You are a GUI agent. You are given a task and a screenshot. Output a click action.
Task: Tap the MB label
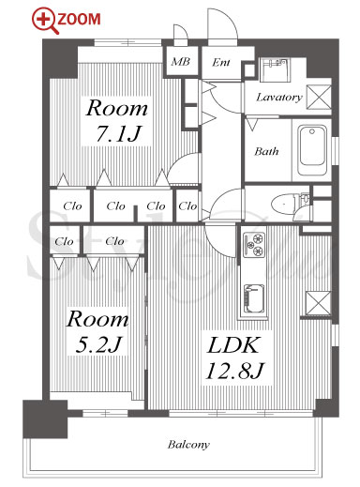[181, 61]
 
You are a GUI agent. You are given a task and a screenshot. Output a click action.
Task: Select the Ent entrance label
[221, 62]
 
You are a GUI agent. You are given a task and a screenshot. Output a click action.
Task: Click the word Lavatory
[279, 98]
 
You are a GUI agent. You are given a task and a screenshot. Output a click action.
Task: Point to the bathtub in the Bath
[312, 150]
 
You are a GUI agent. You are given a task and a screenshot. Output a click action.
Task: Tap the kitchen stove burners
[254, 245]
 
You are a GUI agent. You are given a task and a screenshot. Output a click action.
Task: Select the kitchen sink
[254, 298]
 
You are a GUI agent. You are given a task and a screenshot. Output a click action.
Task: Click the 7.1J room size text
[118, 133]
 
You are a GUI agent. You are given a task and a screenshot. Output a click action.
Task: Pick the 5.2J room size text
[98, 344]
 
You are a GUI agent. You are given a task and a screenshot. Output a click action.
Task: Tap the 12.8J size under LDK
[235, 371]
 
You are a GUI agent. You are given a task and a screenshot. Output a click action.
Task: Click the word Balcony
[188, 445]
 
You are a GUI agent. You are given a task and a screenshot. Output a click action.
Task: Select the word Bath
[266, 151]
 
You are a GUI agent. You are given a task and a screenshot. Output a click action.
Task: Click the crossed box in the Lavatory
[319, 97]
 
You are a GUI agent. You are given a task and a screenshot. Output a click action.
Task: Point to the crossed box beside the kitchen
[318, 303]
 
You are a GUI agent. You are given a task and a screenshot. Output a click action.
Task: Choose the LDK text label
[233, 345]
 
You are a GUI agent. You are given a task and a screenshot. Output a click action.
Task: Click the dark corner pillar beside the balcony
[45, 419]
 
